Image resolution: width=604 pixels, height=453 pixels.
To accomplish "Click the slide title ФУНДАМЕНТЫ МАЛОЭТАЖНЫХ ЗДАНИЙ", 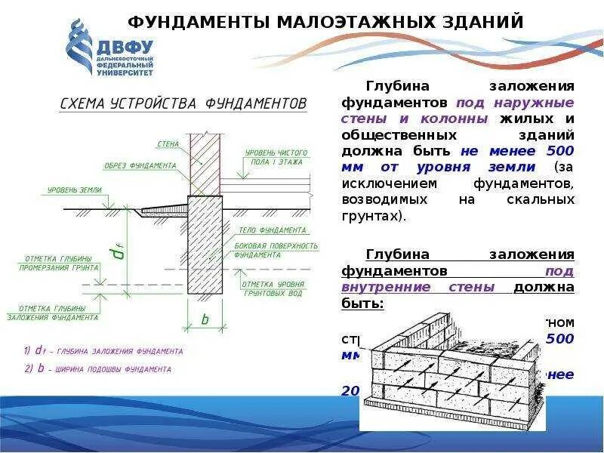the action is point(325,23).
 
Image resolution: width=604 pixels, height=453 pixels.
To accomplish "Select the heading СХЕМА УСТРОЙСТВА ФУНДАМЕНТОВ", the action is point(183,103).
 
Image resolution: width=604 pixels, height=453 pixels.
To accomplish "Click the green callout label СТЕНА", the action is point(168,143).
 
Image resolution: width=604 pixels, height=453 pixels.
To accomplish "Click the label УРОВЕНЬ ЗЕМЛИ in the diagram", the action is point(74,190).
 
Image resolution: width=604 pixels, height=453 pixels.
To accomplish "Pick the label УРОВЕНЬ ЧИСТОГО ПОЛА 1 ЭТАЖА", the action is point(273,157).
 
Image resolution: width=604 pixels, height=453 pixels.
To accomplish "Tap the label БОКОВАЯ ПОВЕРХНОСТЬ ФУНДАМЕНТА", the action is point(276,251).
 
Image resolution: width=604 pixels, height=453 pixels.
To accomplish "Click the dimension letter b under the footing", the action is point(204,319).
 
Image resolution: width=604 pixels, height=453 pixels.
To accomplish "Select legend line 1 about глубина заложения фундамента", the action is point(103,352).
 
